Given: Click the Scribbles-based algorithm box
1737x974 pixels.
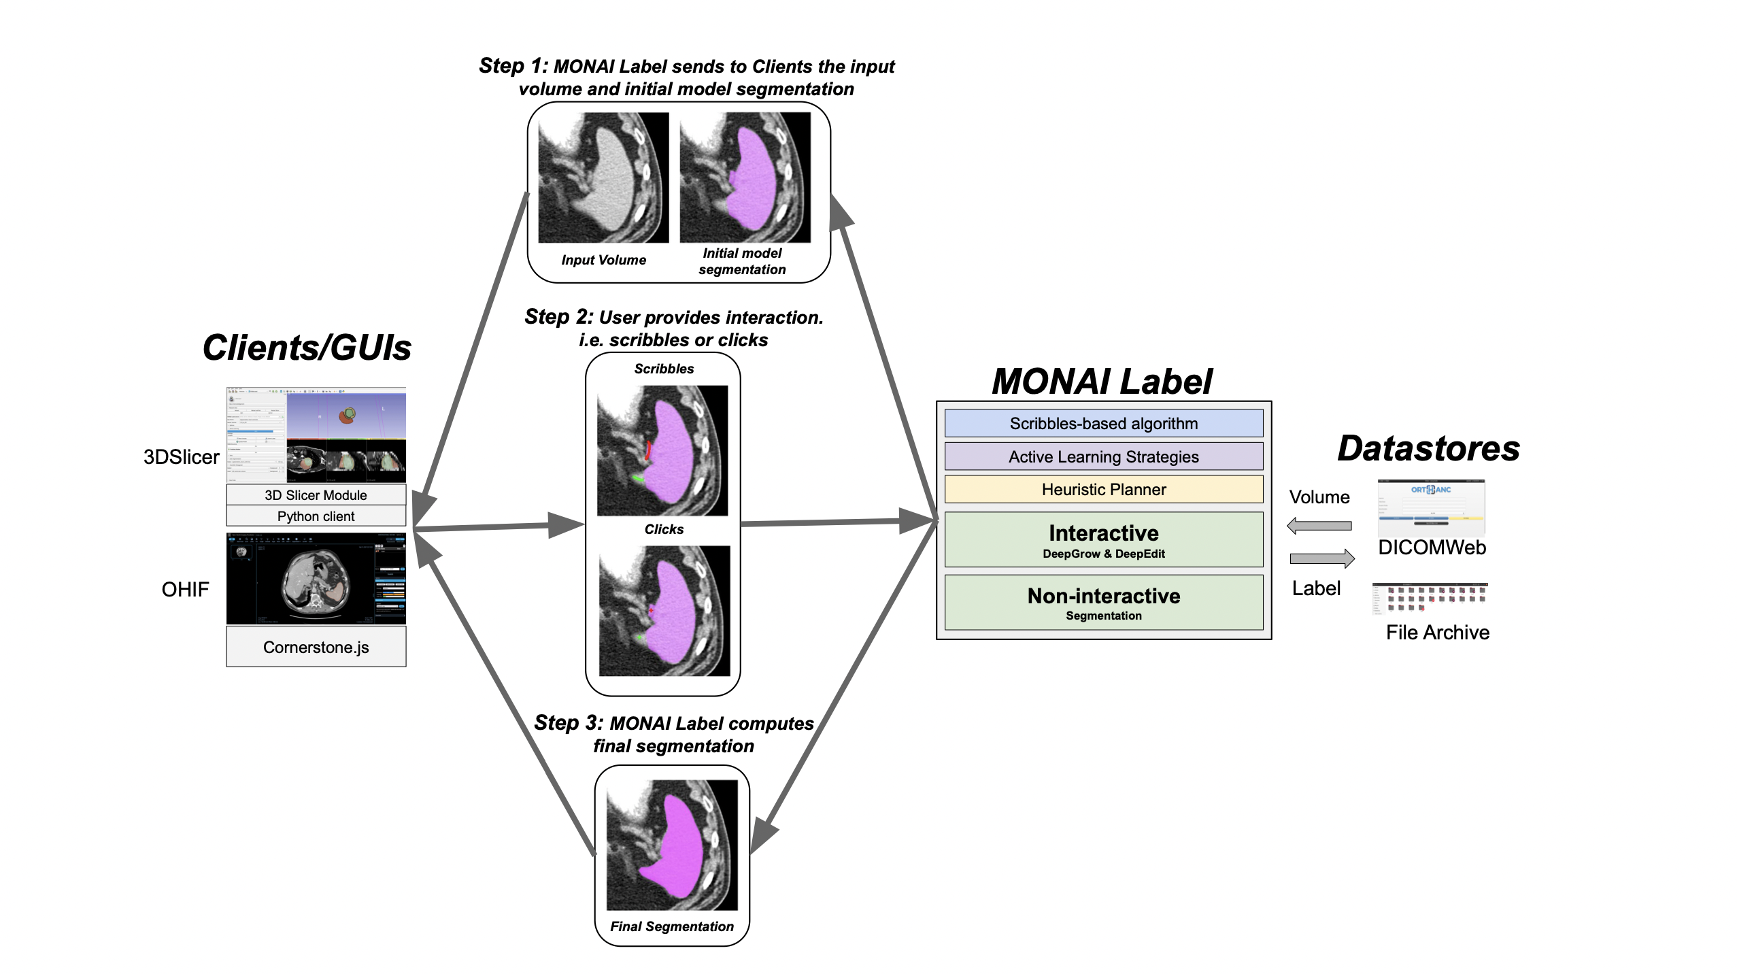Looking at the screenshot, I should coord(1103,423).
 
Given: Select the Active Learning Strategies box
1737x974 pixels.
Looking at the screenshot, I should coord(1103,456).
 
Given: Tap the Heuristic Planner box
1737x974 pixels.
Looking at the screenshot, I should coord(1103,489).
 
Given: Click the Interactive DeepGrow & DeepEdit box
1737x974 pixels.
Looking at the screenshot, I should coord(1103,539).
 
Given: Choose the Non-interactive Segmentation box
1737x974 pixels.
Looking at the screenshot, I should coord(1103,603).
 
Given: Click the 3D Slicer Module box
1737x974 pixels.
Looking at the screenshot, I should coord(316,494).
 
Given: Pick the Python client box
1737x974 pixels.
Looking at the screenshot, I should coord(316,516).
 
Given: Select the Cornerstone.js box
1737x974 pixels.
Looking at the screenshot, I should coord(316,647).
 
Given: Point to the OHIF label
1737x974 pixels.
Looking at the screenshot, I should coord(185,589).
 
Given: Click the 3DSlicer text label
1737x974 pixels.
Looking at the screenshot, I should coord(181,456).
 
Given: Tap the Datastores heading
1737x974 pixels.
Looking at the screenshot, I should coord(1428,448).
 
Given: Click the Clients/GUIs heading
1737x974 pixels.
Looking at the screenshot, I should coord(307,348).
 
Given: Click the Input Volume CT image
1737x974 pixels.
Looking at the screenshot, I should coord(603,178).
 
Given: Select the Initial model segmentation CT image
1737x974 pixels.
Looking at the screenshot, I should coord(745,178).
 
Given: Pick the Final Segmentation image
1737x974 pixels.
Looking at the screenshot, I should coord(672,845).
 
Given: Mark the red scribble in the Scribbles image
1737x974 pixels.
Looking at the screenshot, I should coord(648,450).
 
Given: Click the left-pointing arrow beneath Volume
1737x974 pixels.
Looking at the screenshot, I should coord(1319,525).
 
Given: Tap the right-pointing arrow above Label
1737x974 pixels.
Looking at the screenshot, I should coord(1322,558).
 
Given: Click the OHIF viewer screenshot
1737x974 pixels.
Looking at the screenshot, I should coord(316,579).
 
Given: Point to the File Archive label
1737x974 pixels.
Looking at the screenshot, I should coord(1437,633).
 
